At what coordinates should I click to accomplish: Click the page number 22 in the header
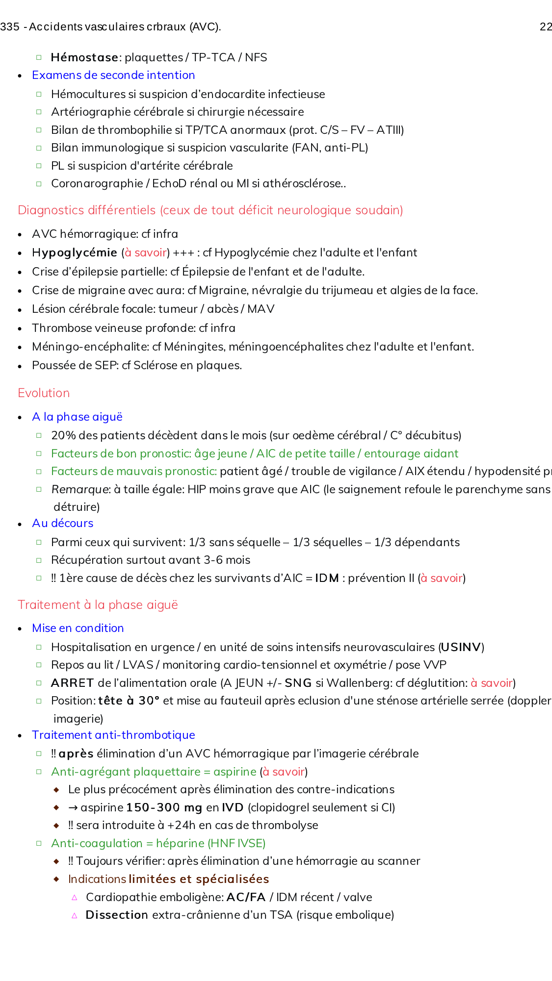click(546, 27)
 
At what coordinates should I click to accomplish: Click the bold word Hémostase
click(84, 57)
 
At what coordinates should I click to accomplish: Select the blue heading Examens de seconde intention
click(113, 75)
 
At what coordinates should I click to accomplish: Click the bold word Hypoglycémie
click(74, 252)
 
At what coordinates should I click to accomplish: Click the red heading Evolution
click(44, 393)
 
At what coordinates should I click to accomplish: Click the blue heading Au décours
click(62, 523)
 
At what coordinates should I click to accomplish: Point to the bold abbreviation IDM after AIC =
click(327, 578)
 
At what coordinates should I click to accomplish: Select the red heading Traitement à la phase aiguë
click(98, 605)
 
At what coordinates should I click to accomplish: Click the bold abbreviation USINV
click(461, 647)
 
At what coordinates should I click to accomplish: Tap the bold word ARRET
click(72, 683)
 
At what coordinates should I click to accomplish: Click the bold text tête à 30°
click(129, 701)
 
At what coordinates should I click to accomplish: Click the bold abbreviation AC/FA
click(246, 897)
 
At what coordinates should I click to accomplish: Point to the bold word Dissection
click(117, 915)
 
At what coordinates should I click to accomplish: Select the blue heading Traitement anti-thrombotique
click(113, 735)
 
